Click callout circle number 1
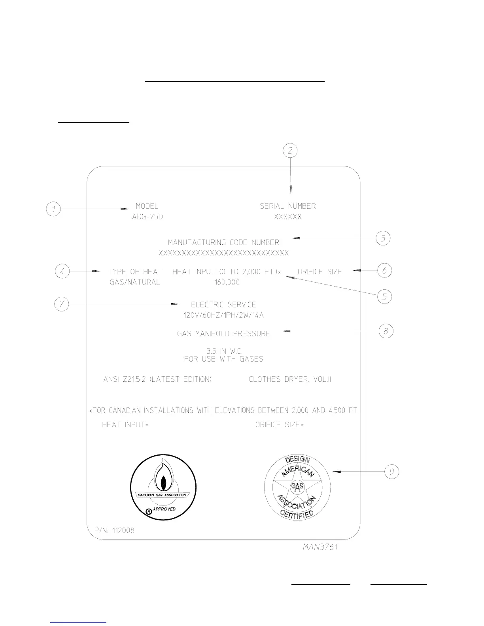coord(53,209)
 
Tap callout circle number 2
coord(290,151)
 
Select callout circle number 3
coord(383,238)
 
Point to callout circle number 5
coord(384,296)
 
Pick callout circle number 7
coord(61,304)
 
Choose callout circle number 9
coord(391,471)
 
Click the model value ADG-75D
coord(147,217)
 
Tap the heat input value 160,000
coord(227,282)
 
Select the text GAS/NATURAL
coord(135,282)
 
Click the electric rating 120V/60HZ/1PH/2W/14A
coord(223,315)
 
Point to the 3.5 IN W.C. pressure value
coord(224,351)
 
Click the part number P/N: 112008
coord(111,530)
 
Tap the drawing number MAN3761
coord(320,547)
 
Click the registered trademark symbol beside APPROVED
coord(148,511)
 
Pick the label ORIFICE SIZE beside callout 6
coord(320,272)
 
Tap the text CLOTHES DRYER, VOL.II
coord(290,379)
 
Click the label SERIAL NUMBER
coord(288,206)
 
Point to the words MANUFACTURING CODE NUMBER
coord(223,242)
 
